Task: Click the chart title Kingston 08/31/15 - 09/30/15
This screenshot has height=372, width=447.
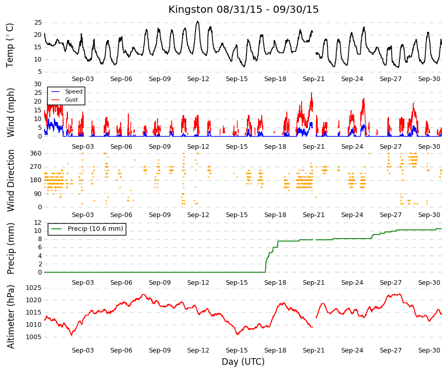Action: [x=243, y=9]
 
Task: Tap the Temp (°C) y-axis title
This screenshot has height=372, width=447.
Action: [x=10, y=45]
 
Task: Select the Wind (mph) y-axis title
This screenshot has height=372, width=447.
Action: [x=10, y=112]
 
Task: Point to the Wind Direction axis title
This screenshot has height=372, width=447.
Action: [x=11, y=181]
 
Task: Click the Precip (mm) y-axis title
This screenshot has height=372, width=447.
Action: [x=10, y=248]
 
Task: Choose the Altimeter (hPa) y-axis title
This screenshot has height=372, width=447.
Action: [x=11, y=317]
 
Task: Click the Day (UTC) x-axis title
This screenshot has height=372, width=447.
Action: [x=243, y=362]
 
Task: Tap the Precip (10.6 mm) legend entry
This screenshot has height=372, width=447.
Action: [x=87, y=229]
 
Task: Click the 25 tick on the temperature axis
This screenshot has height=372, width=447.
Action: [x=38, y=23]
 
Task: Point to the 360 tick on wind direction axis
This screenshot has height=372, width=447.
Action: [x=36, y=153]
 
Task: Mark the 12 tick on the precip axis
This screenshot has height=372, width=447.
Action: [x=38, y=223]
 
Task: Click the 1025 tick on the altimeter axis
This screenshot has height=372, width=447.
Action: [x=34, y=288]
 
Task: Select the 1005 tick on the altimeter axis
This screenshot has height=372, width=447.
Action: [x=34, y=337]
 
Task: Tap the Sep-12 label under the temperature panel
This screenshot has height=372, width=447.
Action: [x=198, y=79]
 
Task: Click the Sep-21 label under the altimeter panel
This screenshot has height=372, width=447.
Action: [x=314, y=350]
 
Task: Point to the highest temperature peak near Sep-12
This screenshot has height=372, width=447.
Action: [x=198, y=22]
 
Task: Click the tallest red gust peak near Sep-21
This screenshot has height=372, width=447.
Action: [x=312, y=93]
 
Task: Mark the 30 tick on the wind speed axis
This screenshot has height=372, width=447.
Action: [x=38, y=84]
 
